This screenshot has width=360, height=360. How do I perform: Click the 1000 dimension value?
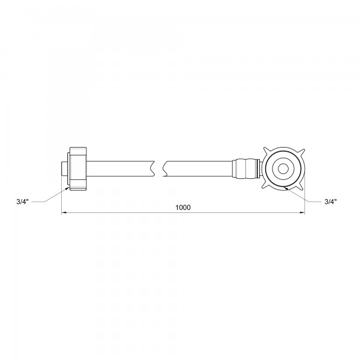183,207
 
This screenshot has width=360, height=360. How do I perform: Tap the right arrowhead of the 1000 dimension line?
302,214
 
